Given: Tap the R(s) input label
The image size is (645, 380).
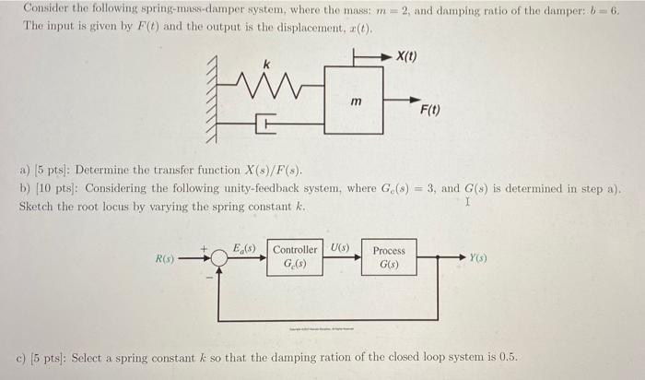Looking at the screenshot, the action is [164, 258].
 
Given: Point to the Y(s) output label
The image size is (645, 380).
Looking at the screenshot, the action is [479, 258].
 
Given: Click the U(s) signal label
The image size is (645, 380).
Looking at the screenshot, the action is [339, 247].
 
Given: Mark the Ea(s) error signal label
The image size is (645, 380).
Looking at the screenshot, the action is [245, 246].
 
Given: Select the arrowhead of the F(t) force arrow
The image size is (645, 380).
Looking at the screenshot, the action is [419, 92].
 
